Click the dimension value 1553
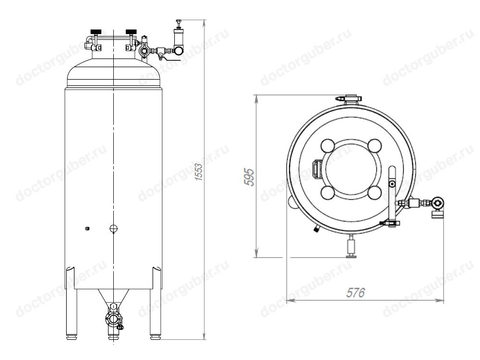point(199,172)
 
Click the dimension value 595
point(249,177)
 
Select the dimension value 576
point(356,293)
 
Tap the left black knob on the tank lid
point(96,32)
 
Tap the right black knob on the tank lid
point(131,32)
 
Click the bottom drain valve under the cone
point(114,319)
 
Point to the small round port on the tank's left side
point(87,228)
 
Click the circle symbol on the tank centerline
point(114,228)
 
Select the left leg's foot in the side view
point(72,337)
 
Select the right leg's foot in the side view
point(155,337)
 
